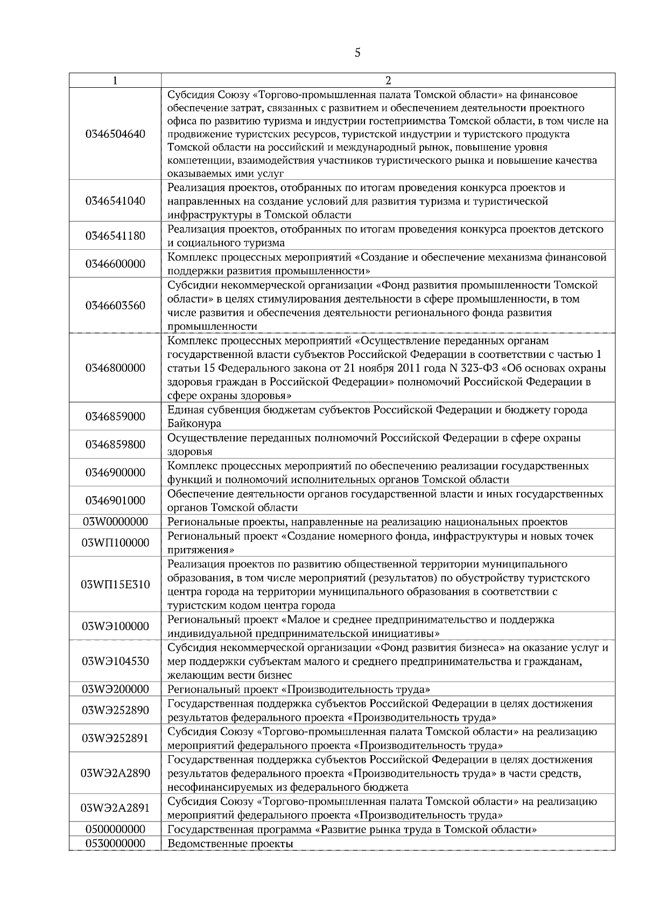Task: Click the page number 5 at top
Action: [x=357, y=53]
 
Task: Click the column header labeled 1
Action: [x=115, y=80]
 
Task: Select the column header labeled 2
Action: [x=388, y=80]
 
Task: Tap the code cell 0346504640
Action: [x=115, y=133]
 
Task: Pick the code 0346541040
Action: [x=115, y=201]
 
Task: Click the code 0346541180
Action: [x=115, y=236]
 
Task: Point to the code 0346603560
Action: [x=115, y=306]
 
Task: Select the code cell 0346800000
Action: [x=115, y=368]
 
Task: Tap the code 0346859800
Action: [x=115, y=445]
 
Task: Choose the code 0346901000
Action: [x=115, y=501]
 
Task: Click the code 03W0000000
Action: [x=115, y=522]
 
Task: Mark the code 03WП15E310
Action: [x=115, y=585]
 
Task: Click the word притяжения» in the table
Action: [x=201, y=550]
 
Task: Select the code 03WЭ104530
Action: [x=115, y=661]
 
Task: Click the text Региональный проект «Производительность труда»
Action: [x=299, y=690]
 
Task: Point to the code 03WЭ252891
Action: [x=115, y=739]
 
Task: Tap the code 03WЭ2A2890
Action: [x=115, y=774]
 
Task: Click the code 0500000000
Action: [x=115, y=829]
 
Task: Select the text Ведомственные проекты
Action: [x=230, y=843]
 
